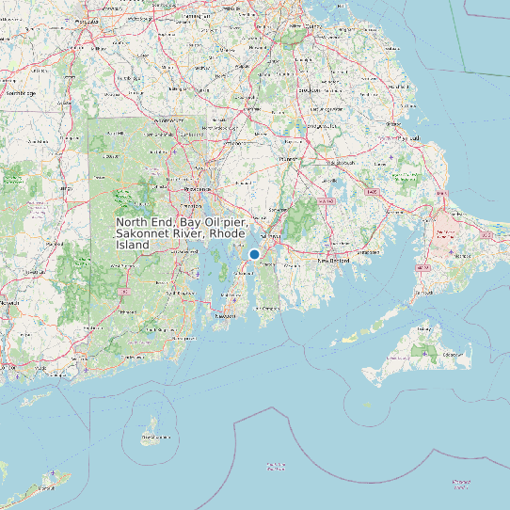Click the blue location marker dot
tap(254, 254)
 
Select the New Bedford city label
tap(333, 260)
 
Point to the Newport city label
tap(224, 316)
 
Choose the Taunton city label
tap(288, 160)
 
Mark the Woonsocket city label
tap(167, 121)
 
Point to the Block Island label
tap(154, 438)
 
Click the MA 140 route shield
tap(327, 200)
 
